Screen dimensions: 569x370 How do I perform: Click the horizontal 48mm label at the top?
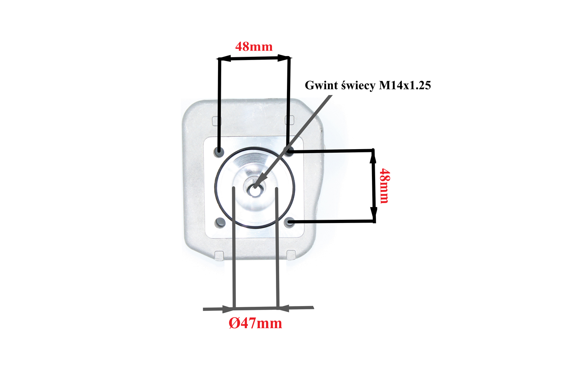click(254, 47)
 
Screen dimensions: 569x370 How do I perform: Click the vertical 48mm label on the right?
click(384, 186)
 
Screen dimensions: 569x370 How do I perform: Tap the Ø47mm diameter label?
click(255, 323)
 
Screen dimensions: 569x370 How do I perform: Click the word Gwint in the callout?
click(321, 86)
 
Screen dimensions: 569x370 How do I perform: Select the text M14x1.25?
click(405, 86)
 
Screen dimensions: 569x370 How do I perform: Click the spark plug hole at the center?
click(255, 190)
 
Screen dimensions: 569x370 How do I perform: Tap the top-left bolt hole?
click(219, 152)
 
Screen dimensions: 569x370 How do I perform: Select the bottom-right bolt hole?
click(289, 222)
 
